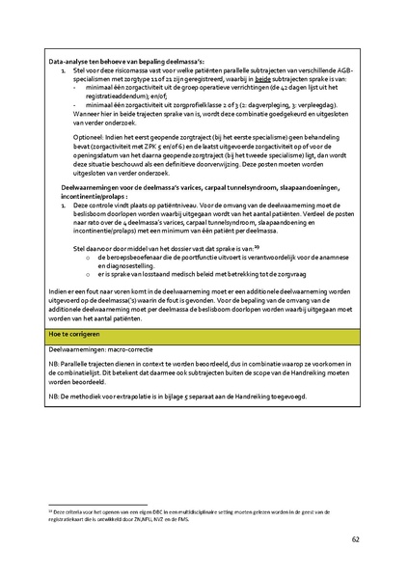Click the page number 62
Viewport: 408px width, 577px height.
355,538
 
